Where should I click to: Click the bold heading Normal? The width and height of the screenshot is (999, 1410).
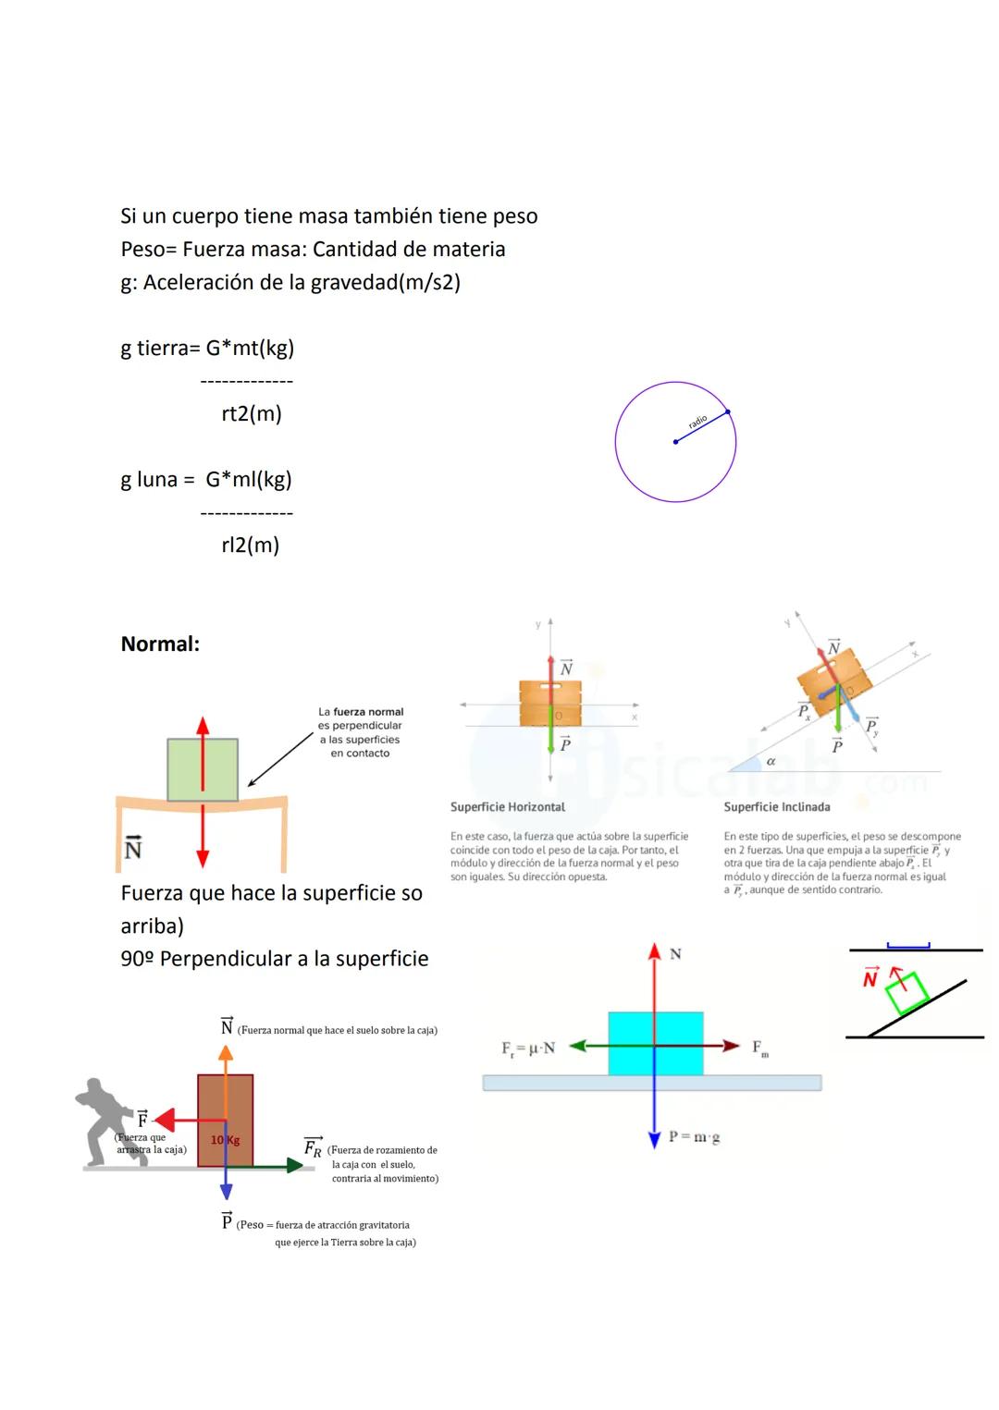[160, 644]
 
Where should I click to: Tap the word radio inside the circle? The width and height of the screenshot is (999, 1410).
[697, 422]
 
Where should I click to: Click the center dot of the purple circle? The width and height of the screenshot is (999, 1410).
[675, 442]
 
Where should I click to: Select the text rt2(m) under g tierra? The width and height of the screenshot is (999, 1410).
[252, 413]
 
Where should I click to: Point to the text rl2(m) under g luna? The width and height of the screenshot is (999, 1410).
[250, 545]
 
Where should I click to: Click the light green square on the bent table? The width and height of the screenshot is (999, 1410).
[203, 769]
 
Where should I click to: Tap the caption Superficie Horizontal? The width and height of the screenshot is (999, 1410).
[507, 807]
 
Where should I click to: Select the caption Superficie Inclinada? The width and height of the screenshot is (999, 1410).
[776, 807]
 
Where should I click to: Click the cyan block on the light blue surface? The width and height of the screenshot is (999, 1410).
[655, 1043]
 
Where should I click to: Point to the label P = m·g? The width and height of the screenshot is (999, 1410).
[694, 1137]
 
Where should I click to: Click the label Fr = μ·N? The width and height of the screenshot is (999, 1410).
[528, 1048]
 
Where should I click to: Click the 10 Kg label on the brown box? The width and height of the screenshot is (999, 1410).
[225, 1140]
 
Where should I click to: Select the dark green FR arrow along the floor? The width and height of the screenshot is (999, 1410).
[268, 1167]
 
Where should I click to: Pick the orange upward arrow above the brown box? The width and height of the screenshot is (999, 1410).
[225, 1060]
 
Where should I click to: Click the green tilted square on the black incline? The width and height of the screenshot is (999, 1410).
[906, 993]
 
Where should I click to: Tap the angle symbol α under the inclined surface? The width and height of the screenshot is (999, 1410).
[771, 761]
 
